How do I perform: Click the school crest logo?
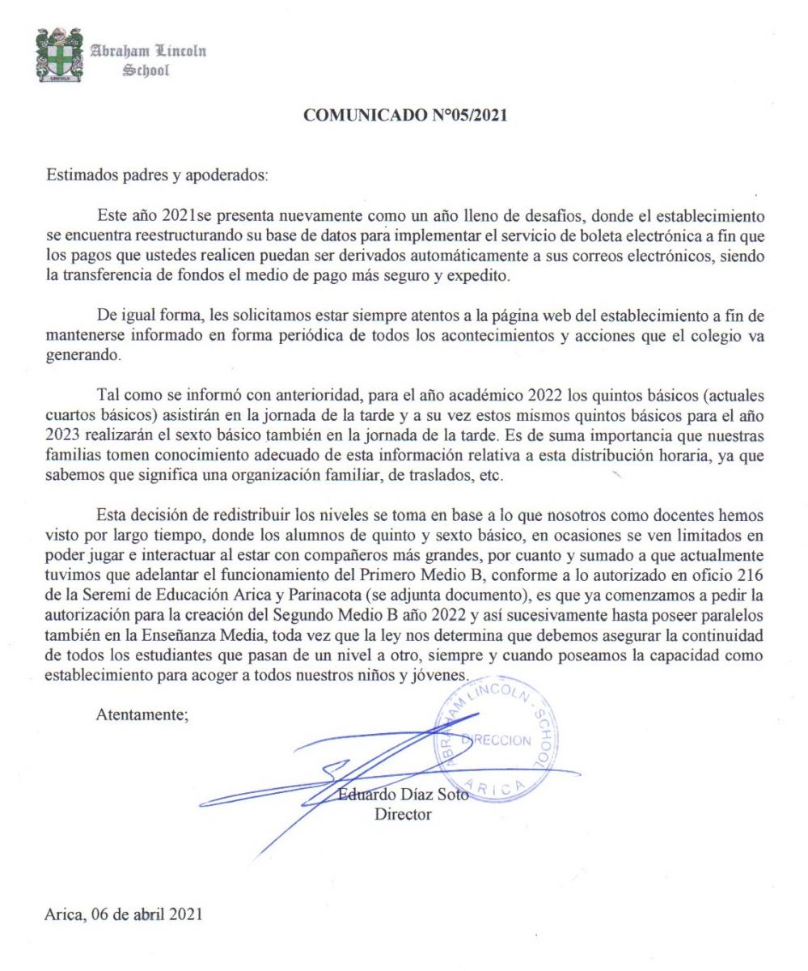point(59,56)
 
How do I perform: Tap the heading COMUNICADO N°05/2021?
point(404,116)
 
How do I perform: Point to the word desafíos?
point(565,217)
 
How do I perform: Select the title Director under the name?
point(402,814)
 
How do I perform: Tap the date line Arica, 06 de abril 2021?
point(124,915)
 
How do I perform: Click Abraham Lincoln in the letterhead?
point(148,51)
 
